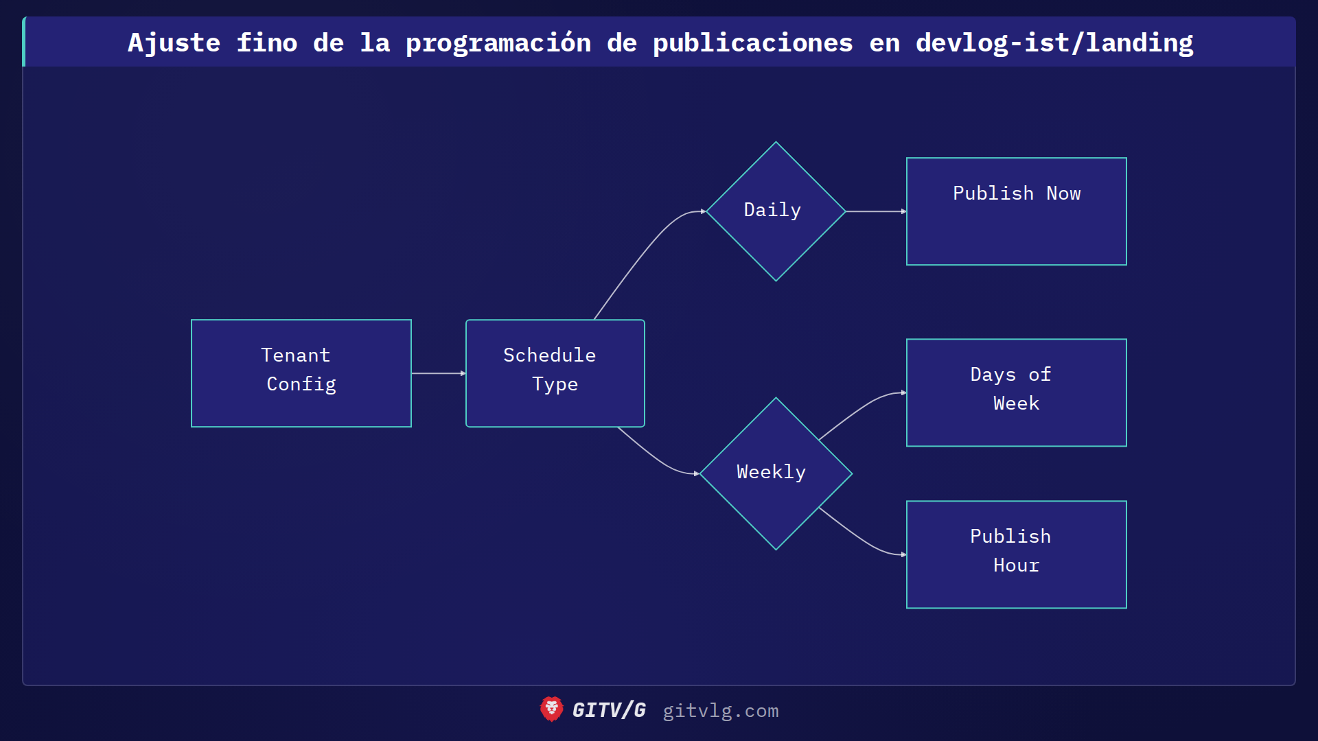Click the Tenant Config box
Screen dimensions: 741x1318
click(301, 373)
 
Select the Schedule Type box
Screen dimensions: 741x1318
click(555, 373)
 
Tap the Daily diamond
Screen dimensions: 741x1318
click(776, 211)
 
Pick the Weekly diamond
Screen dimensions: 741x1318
click(776, 473)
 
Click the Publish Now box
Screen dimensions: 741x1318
click(1016, 211)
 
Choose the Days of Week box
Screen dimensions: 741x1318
click(1016, 392)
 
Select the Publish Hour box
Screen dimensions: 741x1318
click(1016, 554)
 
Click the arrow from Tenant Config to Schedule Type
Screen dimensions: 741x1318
click(438, 373)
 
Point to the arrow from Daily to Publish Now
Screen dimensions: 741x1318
click(875, 211)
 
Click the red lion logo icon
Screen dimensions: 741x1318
click(551, 709)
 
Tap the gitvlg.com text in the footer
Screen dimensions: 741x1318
click(720, 711)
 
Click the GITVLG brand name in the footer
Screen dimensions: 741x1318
click(609, 710)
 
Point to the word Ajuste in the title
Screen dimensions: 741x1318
click(174, 43)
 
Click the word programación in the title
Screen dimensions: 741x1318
click(498, 43)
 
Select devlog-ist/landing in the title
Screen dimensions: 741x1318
click(1054, 43)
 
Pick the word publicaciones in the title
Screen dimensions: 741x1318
click(752, 43)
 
